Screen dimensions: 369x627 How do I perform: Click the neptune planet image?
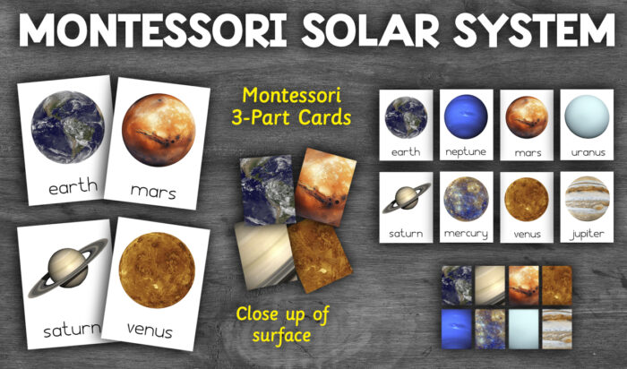tap(464, 116)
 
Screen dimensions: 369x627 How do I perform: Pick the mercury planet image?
tap(464, 198)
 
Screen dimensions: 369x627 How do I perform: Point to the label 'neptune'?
tap(464, 151)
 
